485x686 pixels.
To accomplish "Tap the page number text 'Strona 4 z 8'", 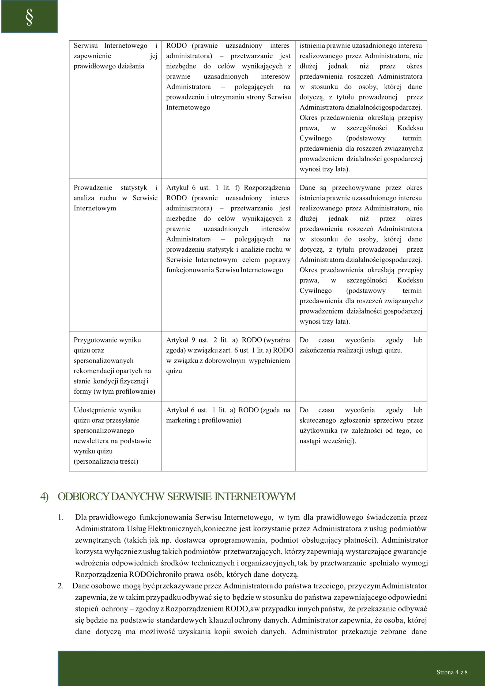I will (x=452, y=672).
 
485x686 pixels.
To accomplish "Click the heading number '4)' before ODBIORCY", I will (x=44, y=497).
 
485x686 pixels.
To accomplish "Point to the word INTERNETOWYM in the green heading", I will (x=255, y=497).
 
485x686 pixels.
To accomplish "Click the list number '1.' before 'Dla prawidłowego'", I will (x=61, y=517).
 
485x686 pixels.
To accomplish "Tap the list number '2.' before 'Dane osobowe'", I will (x=61, y=586).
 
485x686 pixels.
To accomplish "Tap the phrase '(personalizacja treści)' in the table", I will (x=106, y=461).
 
